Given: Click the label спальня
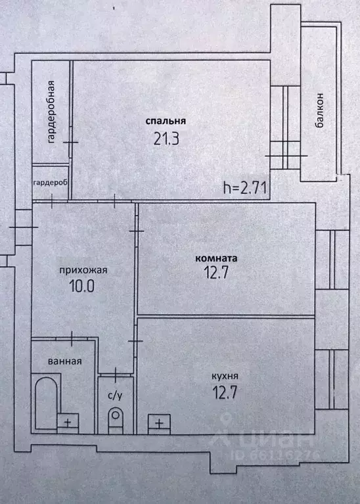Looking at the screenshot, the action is click(166, 121).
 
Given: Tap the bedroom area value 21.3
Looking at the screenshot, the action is click(166, 139).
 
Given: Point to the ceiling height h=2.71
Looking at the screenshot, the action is click(245, 187).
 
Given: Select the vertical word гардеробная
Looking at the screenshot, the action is click(51, 112).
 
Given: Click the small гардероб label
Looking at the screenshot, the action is click(50, 183).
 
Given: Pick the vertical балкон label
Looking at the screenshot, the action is click(320, 110).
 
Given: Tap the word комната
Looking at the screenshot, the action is click(216, 258).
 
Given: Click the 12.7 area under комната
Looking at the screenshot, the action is click(216, 273).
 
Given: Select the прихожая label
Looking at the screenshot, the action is click(83, 270).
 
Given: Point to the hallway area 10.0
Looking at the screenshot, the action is click(82, 286).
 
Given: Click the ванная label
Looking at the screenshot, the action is click(64, 361).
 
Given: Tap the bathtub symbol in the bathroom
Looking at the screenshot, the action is click(46, 403).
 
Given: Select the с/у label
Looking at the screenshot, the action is click(115, 396).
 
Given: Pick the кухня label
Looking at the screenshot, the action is click(225, 377).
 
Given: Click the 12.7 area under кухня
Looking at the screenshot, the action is click(225, 392).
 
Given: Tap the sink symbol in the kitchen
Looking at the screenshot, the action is click(159, 424).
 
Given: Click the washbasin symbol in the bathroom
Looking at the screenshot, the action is click(68, 423).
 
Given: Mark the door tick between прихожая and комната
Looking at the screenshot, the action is click(136, 231).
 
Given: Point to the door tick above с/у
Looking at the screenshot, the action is click(116, 375).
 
